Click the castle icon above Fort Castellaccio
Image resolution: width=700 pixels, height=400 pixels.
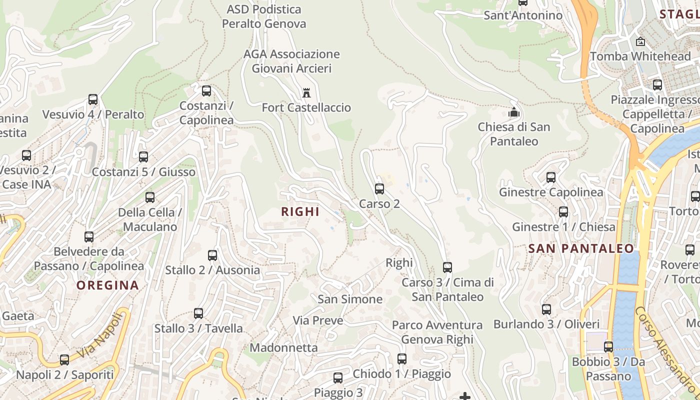coord(306,93)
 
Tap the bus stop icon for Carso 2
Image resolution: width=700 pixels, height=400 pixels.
coord(379,189)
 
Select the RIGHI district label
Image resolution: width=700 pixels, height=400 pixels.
coord(300,211)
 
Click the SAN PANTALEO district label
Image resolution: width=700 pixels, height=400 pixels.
coord(581,248)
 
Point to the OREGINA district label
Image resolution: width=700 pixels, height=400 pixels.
coord(107,285)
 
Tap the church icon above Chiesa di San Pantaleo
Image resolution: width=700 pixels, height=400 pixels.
coord(514,112)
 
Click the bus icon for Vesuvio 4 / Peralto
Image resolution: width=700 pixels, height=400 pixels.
coord(93,99)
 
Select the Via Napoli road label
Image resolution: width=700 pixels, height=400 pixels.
coord(100,335)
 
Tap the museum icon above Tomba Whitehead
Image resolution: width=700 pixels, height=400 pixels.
coord(640,42)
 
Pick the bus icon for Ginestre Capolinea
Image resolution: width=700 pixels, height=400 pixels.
coord(551,177)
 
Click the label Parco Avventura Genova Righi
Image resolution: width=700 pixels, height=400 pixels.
coord(437,332)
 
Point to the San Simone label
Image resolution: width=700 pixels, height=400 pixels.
coord(350,299)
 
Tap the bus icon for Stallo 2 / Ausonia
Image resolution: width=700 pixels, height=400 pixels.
coord(212,255)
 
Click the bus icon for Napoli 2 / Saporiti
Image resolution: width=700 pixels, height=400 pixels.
coord(64,360)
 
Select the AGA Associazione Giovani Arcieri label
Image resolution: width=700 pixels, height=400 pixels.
coord(291,61)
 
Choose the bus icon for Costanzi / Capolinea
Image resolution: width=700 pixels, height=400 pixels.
coord(206,91)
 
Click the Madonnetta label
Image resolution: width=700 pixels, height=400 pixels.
coord(283,347)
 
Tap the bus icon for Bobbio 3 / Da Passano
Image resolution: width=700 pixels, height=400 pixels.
coord(608,347)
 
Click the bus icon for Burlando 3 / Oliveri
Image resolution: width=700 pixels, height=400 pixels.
coord(546,309)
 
